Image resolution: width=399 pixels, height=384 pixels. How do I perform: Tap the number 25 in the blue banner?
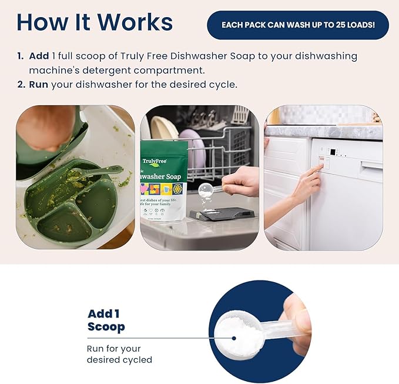point(332,25)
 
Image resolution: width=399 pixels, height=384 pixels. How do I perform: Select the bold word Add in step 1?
point(39,56)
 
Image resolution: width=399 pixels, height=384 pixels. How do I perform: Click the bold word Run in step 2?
point(39,84)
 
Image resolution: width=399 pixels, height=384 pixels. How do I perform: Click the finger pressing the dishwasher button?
point(318,169)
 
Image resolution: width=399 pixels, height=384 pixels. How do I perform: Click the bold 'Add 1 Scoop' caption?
point(106,320)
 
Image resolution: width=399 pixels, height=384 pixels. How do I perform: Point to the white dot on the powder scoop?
point(234,338)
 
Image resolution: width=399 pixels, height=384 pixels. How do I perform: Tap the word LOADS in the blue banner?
point(358,25)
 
